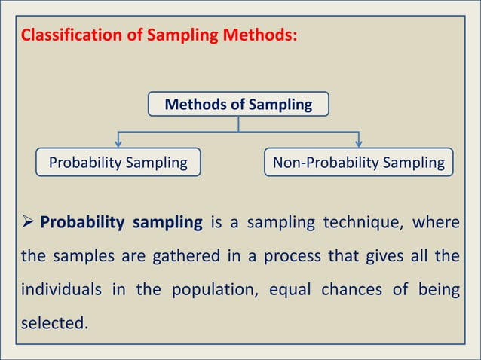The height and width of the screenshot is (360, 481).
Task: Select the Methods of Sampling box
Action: click(238, 105)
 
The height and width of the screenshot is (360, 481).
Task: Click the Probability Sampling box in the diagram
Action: click(118, 162)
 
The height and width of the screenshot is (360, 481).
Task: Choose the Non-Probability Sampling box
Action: click(359, 162)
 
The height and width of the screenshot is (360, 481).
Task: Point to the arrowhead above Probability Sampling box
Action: click(118, 142)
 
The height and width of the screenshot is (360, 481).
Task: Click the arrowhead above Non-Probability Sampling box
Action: click(359, 142)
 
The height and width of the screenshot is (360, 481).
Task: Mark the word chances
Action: click(350, 291)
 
